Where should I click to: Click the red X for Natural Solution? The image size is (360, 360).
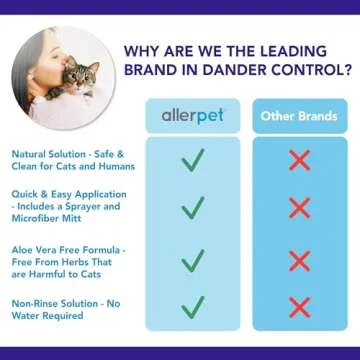[x=297, y=161]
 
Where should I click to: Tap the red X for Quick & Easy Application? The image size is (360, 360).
[x=297, y=208]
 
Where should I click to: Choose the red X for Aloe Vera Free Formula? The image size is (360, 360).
[x=297, y=260]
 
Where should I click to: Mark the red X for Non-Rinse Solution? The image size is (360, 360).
[x=297, y=306]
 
